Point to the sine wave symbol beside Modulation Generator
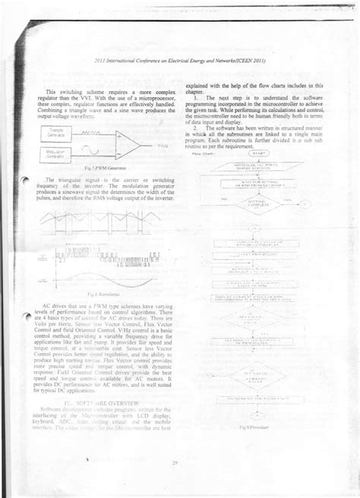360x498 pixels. [x=100, y=153]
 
